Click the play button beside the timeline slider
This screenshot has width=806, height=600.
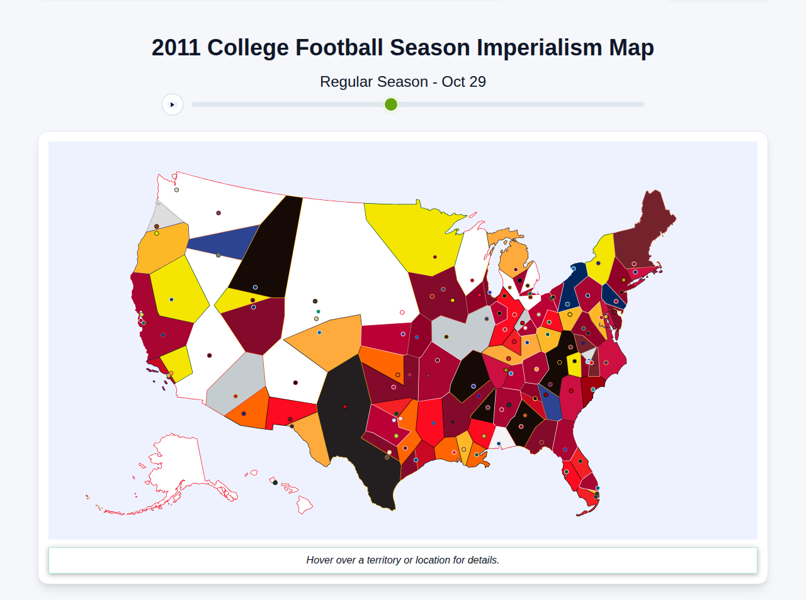click(x=173, y=104)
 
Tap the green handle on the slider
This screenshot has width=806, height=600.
click(x=391, y=104)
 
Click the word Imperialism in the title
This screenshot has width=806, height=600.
click(x=539, y=48)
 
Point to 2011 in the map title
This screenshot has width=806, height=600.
click(x=176, y=48)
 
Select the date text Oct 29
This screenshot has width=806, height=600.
click(x=463, y=82)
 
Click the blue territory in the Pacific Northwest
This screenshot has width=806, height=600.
click(x=220, y=242)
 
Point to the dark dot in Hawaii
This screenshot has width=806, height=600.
click(x=275, y=482)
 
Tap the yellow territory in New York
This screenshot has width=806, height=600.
click(x=601, y=258)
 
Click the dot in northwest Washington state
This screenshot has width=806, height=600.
click(x=176, y=189)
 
